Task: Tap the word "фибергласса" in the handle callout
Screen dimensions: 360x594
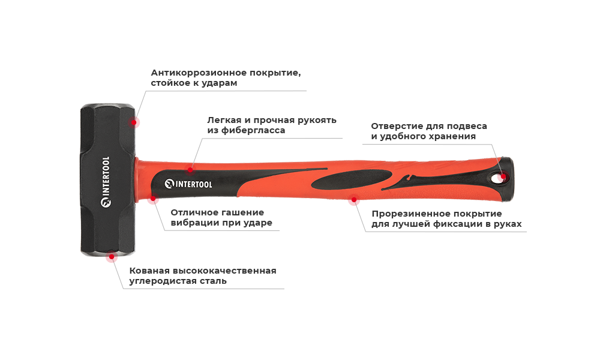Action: (x=254, y=130)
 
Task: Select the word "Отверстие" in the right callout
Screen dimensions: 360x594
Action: (x=396, y=126)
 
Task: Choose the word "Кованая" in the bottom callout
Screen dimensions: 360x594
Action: (x=152, y=271)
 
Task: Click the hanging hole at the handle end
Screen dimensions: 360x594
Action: (x=500, y=176)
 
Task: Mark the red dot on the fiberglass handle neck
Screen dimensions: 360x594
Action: (x=190, y=170)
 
